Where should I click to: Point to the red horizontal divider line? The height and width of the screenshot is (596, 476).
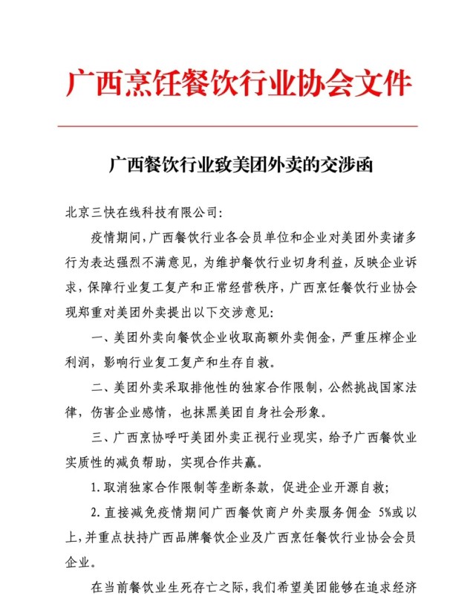238,126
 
